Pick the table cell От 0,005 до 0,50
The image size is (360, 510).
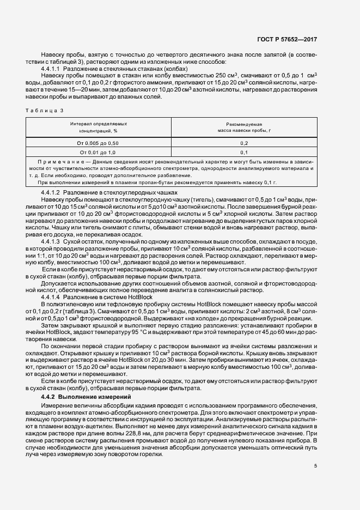(x=97, y=142)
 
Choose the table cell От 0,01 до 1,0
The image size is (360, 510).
(x=97, y=152)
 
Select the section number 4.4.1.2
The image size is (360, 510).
(x=52, y=193)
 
